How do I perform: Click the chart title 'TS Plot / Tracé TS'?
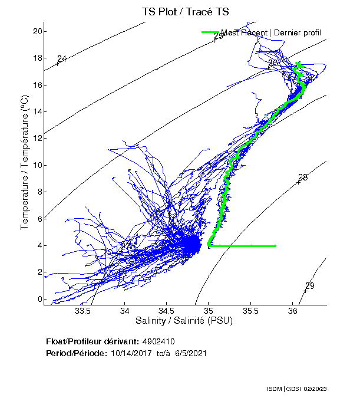pyautogui.click(x=186, y=11)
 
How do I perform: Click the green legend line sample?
pyautogui.click(x=210, y=32)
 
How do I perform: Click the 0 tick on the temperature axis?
pyautogui.click(x=38, y=299)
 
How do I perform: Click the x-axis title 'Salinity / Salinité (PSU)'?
pyautogui.click(x=184, y=321)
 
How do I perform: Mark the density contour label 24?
pyautogui.click(x=62, y=58)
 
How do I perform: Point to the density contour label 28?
pyautogui.click(x=303, y=177)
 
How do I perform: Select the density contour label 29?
pyautogui.click(x=310, y=286)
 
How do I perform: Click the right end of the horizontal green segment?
pyautogui.click(x=275, y=246)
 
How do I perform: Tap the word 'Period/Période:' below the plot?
pyautogui.click(x=75, y=353)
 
